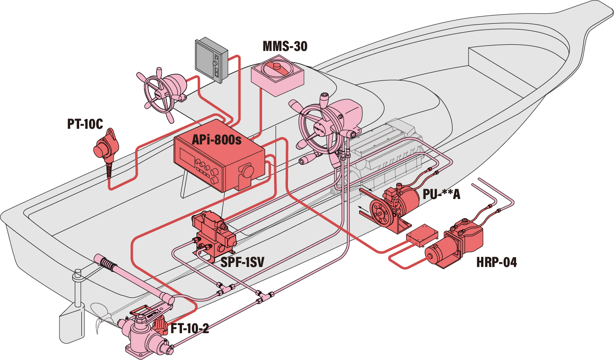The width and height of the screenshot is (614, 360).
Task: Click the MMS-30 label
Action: point(285,46)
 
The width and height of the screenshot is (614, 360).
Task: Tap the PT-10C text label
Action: point(85,124)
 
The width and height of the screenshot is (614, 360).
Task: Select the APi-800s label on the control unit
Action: point(216,140)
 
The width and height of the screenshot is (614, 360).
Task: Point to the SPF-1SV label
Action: point(242,263)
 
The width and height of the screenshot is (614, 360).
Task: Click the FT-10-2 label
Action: point(190,328)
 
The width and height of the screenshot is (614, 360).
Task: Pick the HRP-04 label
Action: point(496,262)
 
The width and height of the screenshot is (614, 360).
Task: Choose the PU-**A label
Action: point(441,195)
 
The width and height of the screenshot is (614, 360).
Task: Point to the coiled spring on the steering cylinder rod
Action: point(108,264)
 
